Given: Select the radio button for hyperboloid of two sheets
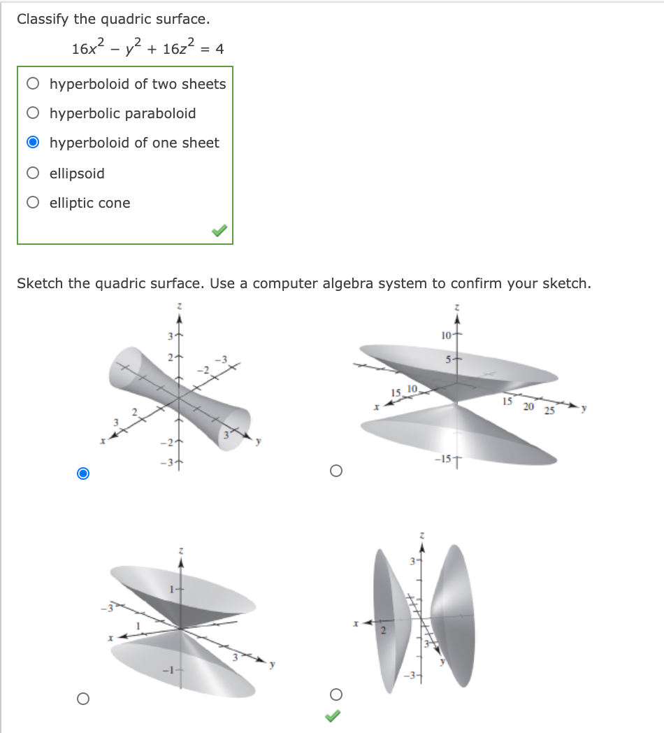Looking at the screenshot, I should (x=33, y=84).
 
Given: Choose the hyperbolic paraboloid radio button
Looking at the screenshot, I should (x=33, y=113).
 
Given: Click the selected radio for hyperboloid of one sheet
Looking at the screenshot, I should (x=33, y=143).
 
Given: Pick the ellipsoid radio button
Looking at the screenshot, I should (x=33, y=173).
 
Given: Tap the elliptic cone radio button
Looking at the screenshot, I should (x=33, y=203).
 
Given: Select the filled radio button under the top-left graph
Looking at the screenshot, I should (x=83, y=474).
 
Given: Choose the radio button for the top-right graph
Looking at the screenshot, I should (x=336, y=471).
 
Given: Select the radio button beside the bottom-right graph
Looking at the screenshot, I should (x=336, y=694).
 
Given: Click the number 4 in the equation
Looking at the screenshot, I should (x=219, y=49).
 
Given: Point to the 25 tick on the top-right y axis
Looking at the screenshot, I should (x=549, y=411).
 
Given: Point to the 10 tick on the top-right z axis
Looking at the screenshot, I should (x=447, y=335).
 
